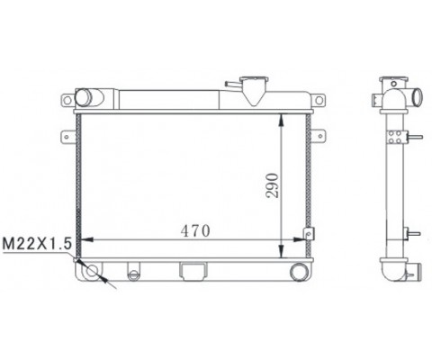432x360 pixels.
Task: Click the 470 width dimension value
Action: pyautogui.click(x=195, y=230)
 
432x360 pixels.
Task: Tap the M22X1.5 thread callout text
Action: pyautogui.click(x=36, y=243)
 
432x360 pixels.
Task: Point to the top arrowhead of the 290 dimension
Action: pyautogui.click(x=285, y=118)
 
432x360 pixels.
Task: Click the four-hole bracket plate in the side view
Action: pyautogui.click(x=393, y=137)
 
